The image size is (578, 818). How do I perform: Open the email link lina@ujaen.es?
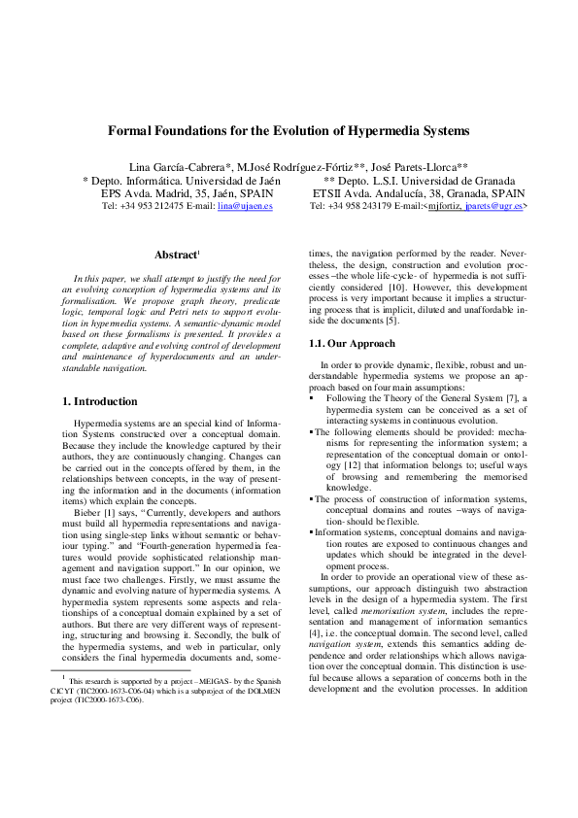(x=245, y=206)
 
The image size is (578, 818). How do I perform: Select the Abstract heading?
(x=175, y=256)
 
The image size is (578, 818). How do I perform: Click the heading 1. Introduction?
(x=99, y=401)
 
